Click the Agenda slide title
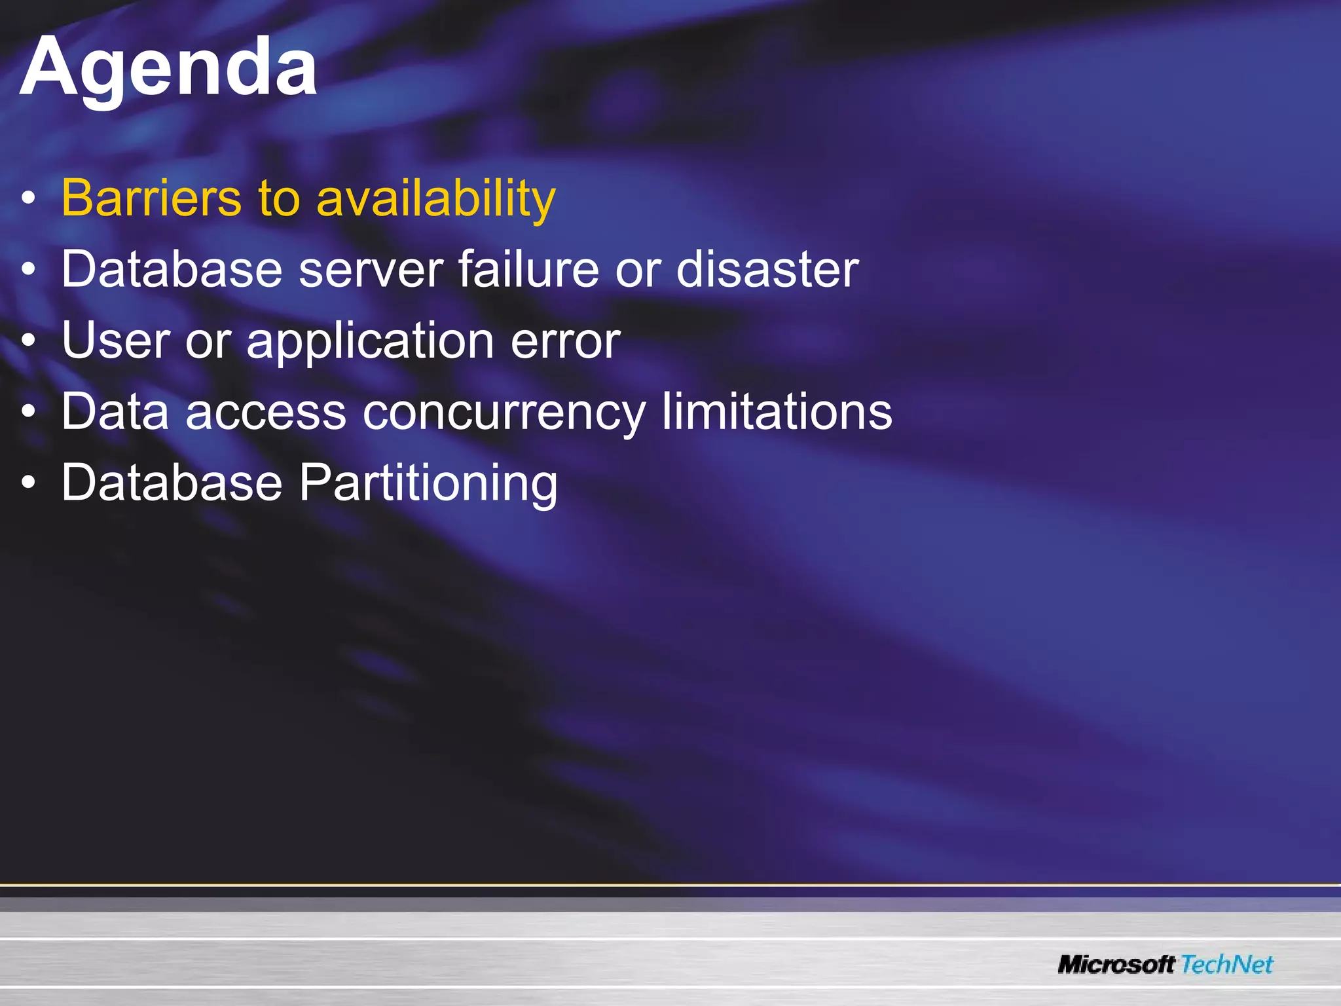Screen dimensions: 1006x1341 point(169,68)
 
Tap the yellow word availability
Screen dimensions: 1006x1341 point(435,198)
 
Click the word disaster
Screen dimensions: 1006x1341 point(767,269)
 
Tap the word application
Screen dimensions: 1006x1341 point(370,342)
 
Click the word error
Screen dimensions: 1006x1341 point(565,342)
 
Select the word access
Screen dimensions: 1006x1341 point(266,412)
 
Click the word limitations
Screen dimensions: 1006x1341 point(777,412)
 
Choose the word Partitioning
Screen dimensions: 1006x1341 point(428,483)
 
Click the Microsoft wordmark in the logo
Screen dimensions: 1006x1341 point(1116,964)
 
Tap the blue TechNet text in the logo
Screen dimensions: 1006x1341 point(1227,964)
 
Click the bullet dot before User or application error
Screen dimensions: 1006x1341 point(28,341)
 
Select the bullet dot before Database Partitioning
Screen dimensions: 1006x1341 point(28,483)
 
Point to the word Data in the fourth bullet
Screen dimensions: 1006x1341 point(115,412)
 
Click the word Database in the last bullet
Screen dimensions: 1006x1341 point(172,483)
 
